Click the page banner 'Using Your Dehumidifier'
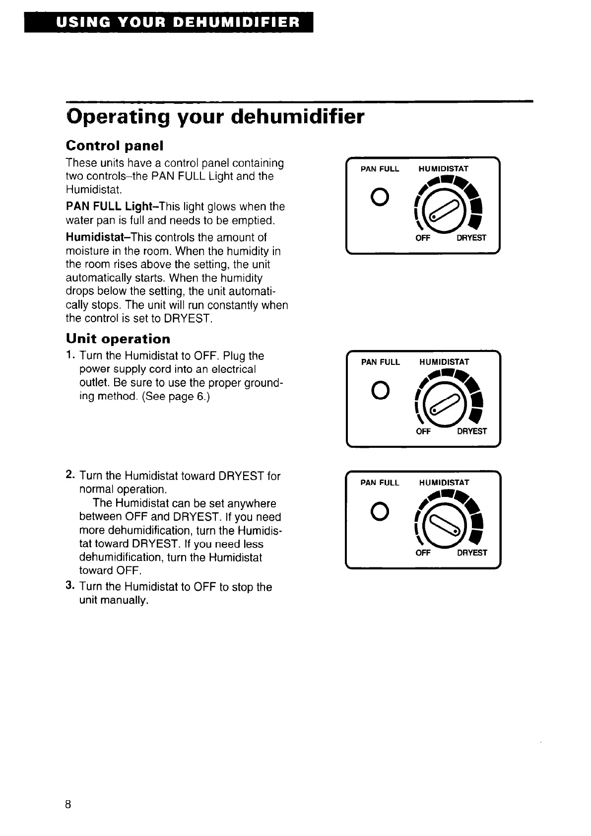(169, 22)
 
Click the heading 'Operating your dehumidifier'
(215, 117)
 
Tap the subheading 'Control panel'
(115, 146)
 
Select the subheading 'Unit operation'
(118, 339)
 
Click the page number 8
(68, 805)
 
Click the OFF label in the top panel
(423, 238)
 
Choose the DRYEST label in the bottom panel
(472, 553)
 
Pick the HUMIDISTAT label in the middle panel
(444, 362)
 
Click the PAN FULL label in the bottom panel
(380, 483)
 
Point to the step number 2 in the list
(70, 475)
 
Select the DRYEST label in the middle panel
(472, 431)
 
